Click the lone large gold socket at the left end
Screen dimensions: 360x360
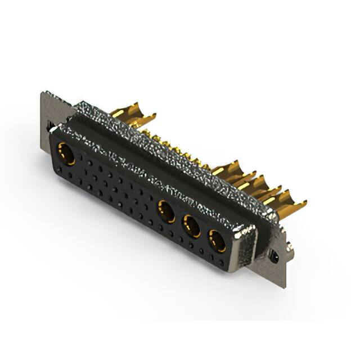coord(66,154)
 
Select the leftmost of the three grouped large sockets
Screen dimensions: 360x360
coord(165,211)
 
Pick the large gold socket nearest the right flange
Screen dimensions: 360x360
coord(217,241)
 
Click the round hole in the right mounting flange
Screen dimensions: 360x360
coord(274,256)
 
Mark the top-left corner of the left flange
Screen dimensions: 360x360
coord(42,93)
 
